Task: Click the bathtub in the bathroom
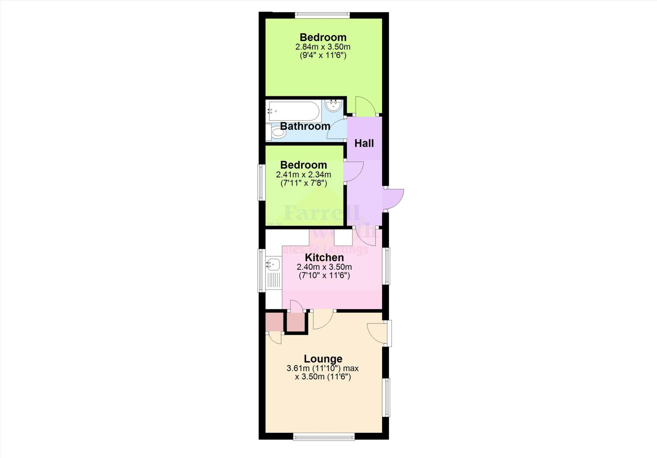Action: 294,111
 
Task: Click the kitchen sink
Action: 273,265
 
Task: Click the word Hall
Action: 364,143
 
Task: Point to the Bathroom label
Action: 305,126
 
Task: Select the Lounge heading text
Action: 323,359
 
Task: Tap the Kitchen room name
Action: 324,258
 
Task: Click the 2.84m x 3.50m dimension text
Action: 323,47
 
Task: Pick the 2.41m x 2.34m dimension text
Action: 303,175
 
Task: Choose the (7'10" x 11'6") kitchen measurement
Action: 324,276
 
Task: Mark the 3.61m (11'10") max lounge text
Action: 323,368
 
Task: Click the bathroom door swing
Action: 337,129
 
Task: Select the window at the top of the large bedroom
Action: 322,14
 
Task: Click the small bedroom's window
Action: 261,183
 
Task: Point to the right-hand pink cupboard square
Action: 295,322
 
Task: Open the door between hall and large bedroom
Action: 365,107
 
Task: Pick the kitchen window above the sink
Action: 261,270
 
